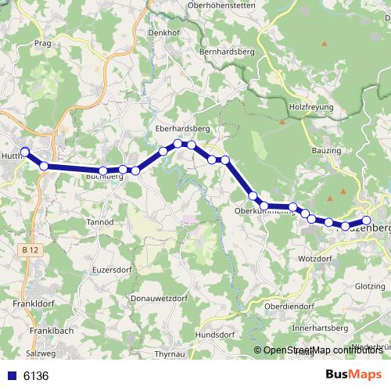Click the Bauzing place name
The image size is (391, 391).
(327, 149)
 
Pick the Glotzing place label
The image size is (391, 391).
(371, 286)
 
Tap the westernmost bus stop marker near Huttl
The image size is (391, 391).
(24, 152)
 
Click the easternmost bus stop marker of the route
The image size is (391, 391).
(366, 221)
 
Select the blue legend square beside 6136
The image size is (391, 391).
(12, 376)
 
